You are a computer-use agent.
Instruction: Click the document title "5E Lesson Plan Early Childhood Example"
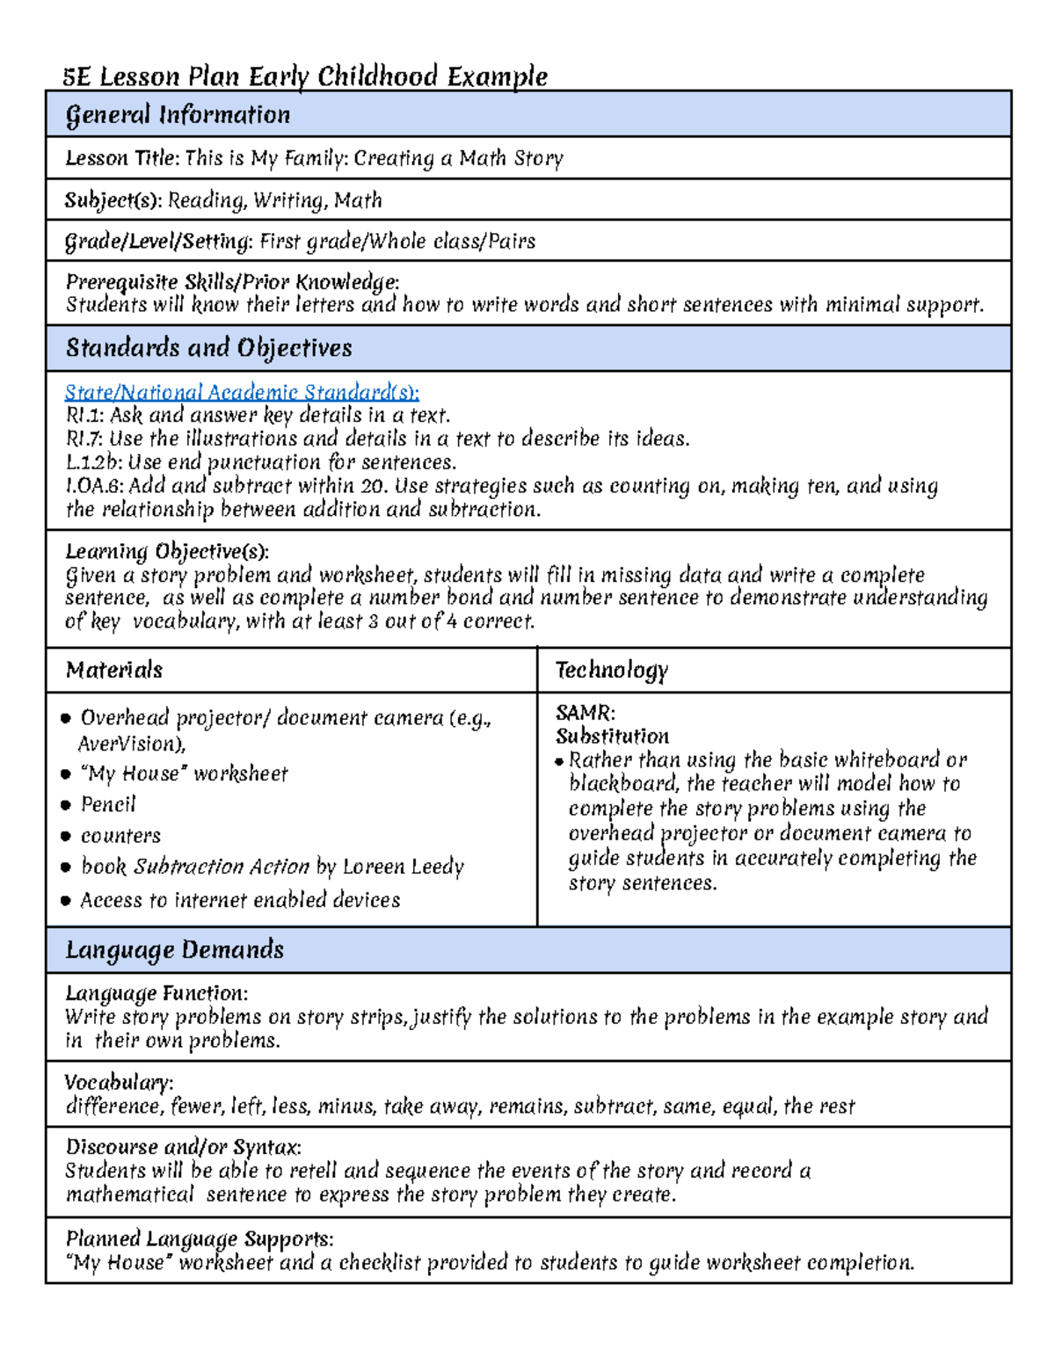click(305, 76)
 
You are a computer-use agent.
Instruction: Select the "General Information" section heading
click(178, 115)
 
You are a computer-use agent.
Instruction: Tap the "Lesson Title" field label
click(121, 158)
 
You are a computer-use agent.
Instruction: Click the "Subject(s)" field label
click(113, 200)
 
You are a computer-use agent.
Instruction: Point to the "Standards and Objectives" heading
click(208, 348)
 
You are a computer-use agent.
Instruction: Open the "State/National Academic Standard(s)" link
click(242, 392)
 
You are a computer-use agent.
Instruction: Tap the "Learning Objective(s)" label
click(166, 551)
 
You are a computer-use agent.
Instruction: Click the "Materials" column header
click(114, 670)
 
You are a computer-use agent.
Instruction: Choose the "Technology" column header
click(611, 670)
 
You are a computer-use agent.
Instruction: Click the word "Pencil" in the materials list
click(108, 804)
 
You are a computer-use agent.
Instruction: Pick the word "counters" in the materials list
click(120, 836)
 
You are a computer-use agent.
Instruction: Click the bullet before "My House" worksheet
click(66, 774)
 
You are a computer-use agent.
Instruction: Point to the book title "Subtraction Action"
click(221, 867)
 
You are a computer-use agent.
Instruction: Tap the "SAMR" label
click(585, 712)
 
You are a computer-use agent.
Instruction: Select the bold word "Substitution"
click(612, 736)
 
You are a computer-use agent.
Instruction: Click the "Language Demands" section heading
click(174, 950)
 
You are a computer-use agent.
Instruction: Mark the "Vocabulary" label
click(118, 1082)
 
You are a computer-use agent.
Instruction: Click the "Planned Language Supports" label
click(199, 1238)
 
